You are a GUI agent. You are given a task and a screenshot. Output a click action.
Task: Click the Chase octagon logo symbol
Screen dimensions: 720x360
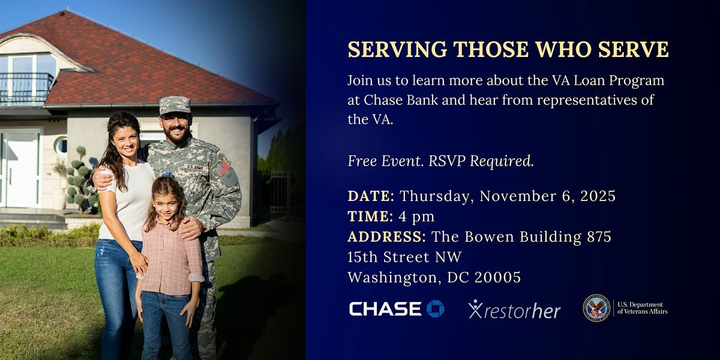[x=435, y=308]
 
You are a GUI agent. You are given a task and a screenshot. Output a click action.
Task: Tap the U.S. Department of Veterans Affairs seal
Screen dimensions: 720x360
[x=596, y=308]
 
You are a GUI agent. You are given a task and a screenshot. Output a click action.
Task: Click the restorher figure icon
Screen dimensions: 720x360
[x=475, y=309]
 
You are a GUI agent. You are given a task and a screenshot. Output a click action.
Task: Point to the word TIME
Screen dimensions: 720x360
[x=370, y=216]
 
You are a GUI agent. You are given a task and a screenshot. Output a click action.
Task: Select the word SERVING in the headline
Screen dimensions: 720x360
[x=397, y=49]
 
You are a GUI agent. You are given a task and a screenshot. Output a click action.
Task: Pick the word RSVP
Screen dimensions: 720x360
[x=447, y=161]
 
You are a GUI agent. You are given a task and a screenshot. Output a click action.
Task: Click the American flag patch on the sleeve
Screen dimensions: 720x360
[x=223, y=169]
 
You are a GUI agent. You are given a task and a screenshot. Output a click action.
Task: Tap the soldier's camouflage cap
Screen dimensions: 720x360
[x=175, y=105]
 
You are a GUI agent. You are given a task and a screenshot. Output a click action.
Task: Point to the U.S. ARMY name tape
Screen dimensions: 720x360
[x=196, y=167]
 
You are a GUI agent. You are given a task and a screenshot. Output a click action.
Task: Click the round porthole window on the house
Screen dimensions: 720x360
[x=61, y=146]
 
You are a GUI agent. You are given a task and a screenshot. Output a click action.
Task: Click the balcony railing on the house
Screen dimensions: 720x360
[x=26, y=89]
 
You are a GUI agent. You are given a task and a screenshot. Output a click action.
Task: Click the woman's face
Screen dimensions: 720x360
[x=126, y=142]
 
